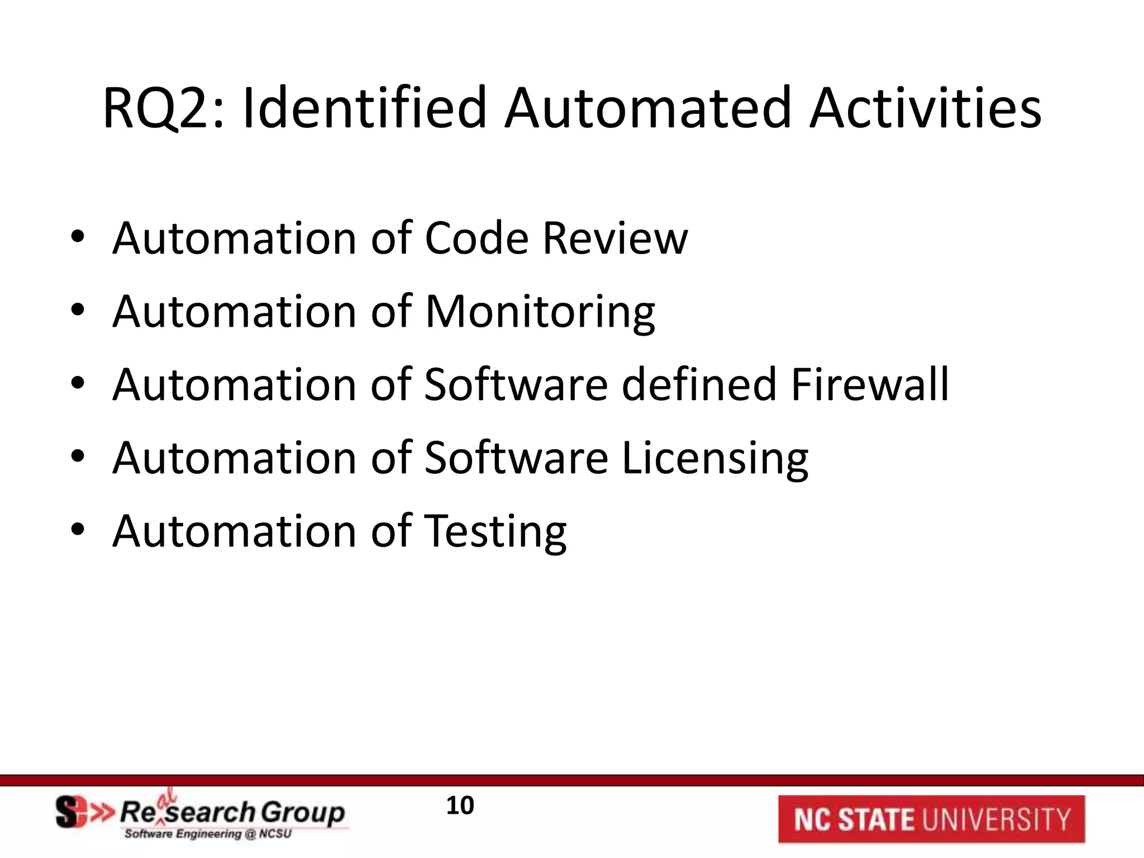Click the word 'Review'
pos(615,239)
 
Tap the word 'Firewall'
pos(870,385)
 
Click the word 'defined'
pos(699,385)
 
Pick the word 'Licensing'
pos(714,459)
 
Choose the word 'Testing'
pos(495,532)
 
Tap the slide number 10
pos(460,805)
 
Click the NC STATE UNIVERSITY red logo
pos(931,819)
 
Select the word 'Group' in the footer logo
pos(302,813)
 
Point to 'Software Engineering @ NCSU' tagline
pos(208,834)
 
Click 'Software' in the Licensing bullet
pos(516,459)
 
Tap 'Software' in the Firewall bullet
pos(516,385)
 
